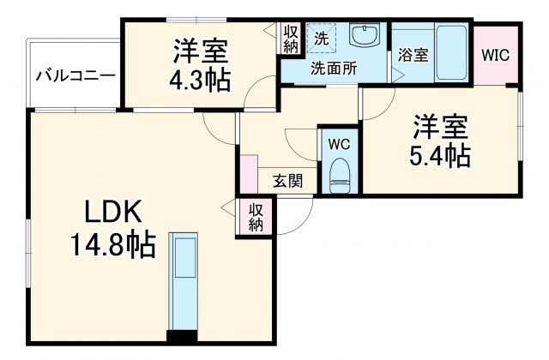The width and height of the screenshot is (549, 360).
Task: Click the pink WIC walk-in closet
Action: coord(495,55)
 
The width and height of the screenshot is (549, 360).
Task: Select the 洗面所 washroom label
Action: coord(333,69)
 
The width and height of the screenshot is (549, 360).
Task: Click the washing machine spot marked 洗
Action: coord(319,39)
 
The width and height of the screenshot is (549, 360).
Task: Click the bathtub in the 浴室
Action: coord(449,53)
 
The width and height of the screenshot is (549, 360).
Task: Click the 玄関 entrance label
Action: coord(287,181)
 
